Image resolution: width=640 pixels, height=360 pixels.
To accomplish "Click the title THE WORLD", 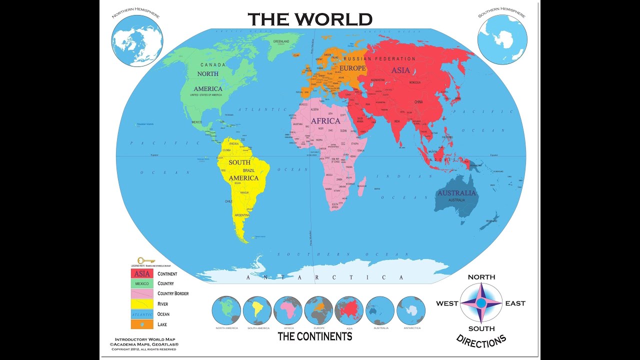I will click(310, 19).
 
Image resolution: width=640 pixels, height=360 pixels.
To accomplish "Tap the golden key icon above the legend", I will click(146, 260).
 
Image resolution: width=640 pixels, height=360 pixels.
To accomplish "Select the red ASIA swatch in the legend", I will click(142, 274).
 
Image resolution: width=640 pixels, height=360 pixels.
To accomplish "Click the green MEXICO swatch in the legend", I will click(142, 284).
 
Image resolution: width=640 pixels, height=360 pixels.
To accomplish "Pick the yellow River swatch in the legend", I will click(142, 304).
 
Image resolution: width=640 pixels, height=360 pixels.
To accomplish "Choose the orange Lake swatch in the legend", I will click(142, 324).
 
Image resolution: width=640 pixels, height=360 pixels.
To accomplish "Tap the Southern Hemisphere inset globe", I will click(502, 39).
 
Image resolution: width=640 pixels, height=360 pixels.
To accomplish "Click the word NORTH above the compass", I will click(481, 277).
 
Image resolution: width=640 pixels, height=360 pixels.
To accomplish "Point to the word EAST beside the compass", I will click(515, 303).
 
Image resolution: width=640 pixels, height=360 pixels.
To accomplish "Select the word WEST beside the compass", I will click(447, 303).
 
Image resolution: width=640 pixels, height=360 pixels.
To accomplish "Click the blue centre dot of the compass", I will click(481, 303).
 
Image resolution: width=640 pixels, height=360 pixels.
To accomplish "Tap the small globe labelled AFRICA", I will click(288, 310).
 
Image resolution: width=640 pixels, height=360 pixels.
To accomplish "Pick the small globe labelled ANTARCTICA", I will click(411, 310).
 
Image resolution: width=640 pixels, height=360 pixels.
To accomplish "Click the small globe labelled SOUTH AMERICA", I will click(257, 310).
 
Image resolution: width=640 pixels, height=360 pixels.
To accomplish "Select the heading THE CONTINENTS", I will click(314, 336).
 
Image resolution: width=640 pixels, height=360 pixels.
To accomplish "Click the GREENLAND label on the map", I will click(281, 41).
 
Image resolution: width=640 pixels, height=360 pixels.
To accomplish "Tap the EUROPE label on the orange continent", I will click(352, 68).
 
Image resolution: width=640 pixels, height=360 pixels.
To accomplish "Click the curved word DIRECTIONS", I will click(481, 341).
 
